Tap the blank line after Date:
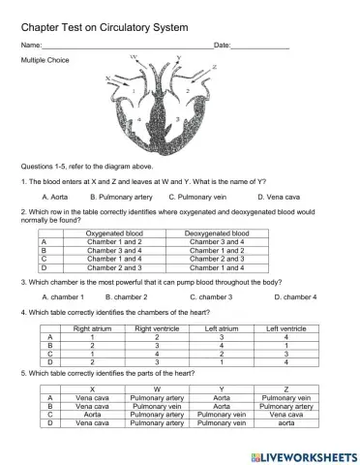(260, 47)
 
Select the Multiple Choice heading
(45, 60)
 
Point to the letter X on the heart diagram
(107, 77)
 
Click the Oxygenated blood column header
(114, 233)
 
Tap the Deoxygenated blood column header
(216, 233)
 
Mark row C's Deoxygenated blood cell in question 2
(216, 259)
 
